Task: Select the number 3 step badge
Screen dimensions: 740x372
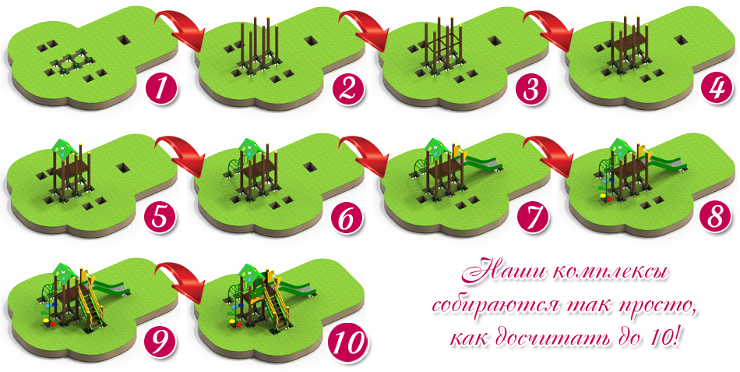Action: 532,88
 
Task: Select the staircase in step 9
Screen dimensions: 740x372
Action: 90,304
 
